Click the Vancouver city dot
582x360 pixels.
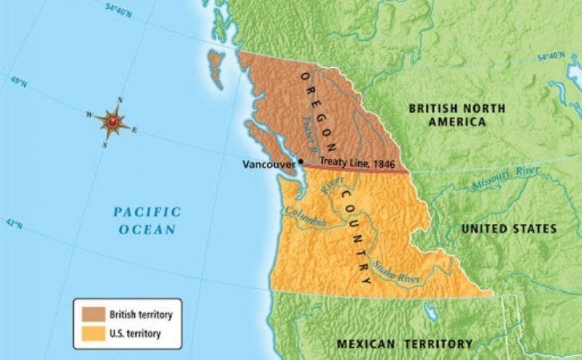tap(301, 162)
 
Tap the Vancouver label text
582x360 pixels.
tap(269, 163)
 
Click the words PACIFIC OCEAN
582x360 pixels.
tap(146, 220)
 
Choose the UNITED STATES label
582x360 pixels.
tap(508, 229)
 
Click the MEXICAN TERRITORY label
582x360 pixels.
tap(405, 344)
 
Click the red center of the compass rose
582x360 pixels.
tap(114, 122)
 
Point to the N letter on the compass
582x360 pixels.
tap(120, 100)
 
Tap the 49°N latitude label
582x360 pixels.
tap(18, 82)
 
